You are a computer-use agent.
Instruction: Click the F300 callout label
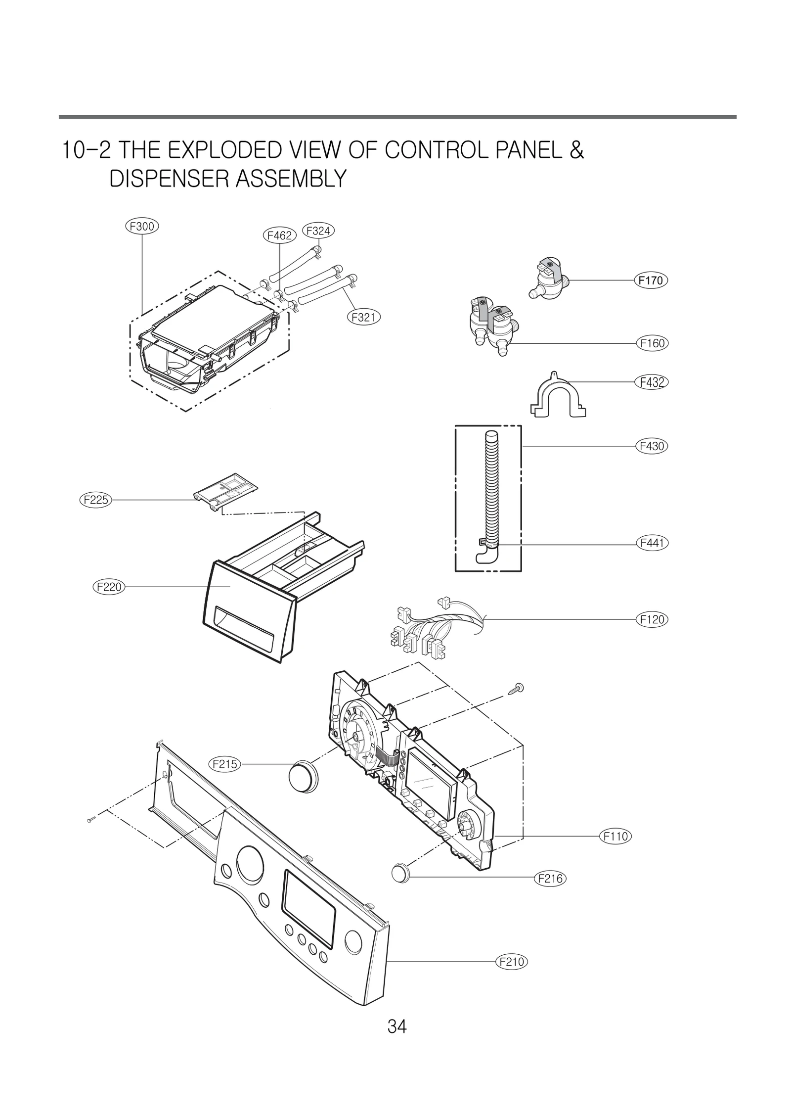coord(141,227)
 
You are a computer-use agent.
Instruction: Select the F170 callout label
coord(651,280)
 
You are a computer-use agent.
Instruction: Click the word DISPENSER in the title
coord(169,179)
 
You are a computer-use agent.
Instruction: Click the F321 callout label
coord(363,317)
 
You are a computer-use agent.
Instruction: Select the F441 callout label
coord(652,543)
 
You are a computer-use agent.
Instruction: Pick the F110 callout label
coord(616,837)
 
